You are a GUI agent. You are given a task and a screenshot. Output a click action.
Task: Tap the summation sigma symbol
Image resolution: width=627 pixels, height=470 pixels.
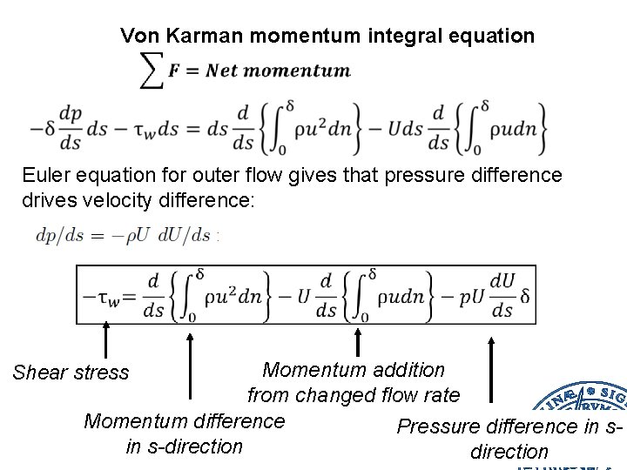point(152,70)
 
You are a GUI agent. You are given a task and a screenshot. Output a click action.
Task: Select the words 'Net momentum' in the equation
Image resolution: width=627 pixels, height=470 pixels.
point(278,70)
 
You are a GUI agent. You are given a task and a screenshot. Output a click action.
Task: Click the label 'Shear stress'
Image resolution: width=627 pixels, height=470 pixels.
point(71,373)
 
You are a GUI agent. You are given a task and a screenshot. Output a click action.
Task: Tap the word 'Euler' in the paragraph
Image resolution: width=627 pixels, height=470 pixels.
point(47,175)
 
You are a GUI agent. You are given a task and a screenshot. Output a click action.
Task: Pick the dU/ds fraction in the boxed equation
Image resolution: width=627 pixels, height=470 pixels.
point(502,297)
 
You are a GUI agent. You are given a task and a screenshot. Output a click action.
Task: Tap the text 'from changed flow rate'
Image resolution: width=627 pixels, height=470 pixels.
point(354,395)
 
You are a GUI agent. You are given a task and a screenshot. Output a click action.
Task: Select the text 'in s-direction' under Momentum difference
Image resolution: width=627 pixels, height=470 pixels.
point(184,446)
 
